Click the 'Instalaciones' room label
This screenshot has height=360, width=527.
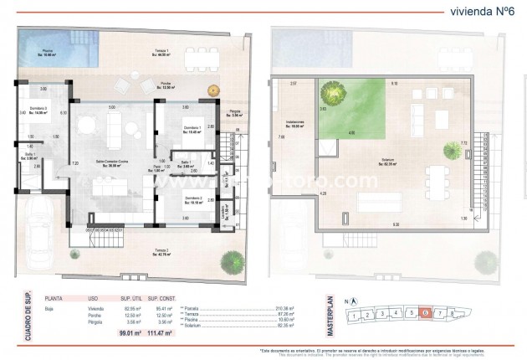pos(294,122)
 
